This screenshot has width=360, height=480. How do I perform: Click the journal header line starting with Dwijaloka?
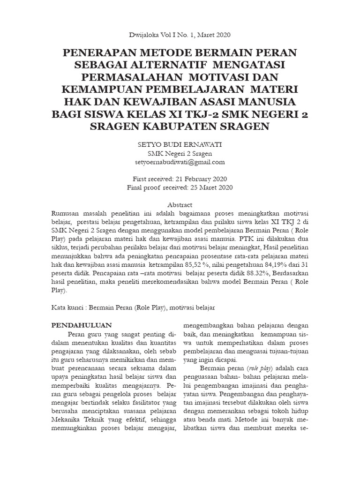point(180,35)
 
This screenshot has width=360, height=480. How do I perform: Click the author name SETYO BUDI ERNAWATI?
point(180,145)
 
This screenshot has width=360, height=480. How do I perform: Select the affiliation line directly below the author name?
point(180,153)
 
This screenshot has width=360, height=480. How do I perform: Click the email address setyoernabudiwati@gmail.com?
point(180,162)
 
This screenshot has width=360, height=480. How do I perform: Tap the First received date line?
point(180,179)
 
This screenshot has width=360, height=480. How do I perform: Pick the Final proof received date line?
point(180,187)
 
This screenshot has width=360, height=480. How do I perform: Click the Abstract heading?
point(180,205)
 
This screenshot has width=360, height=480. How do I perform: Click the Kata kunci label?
point(67,307)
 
